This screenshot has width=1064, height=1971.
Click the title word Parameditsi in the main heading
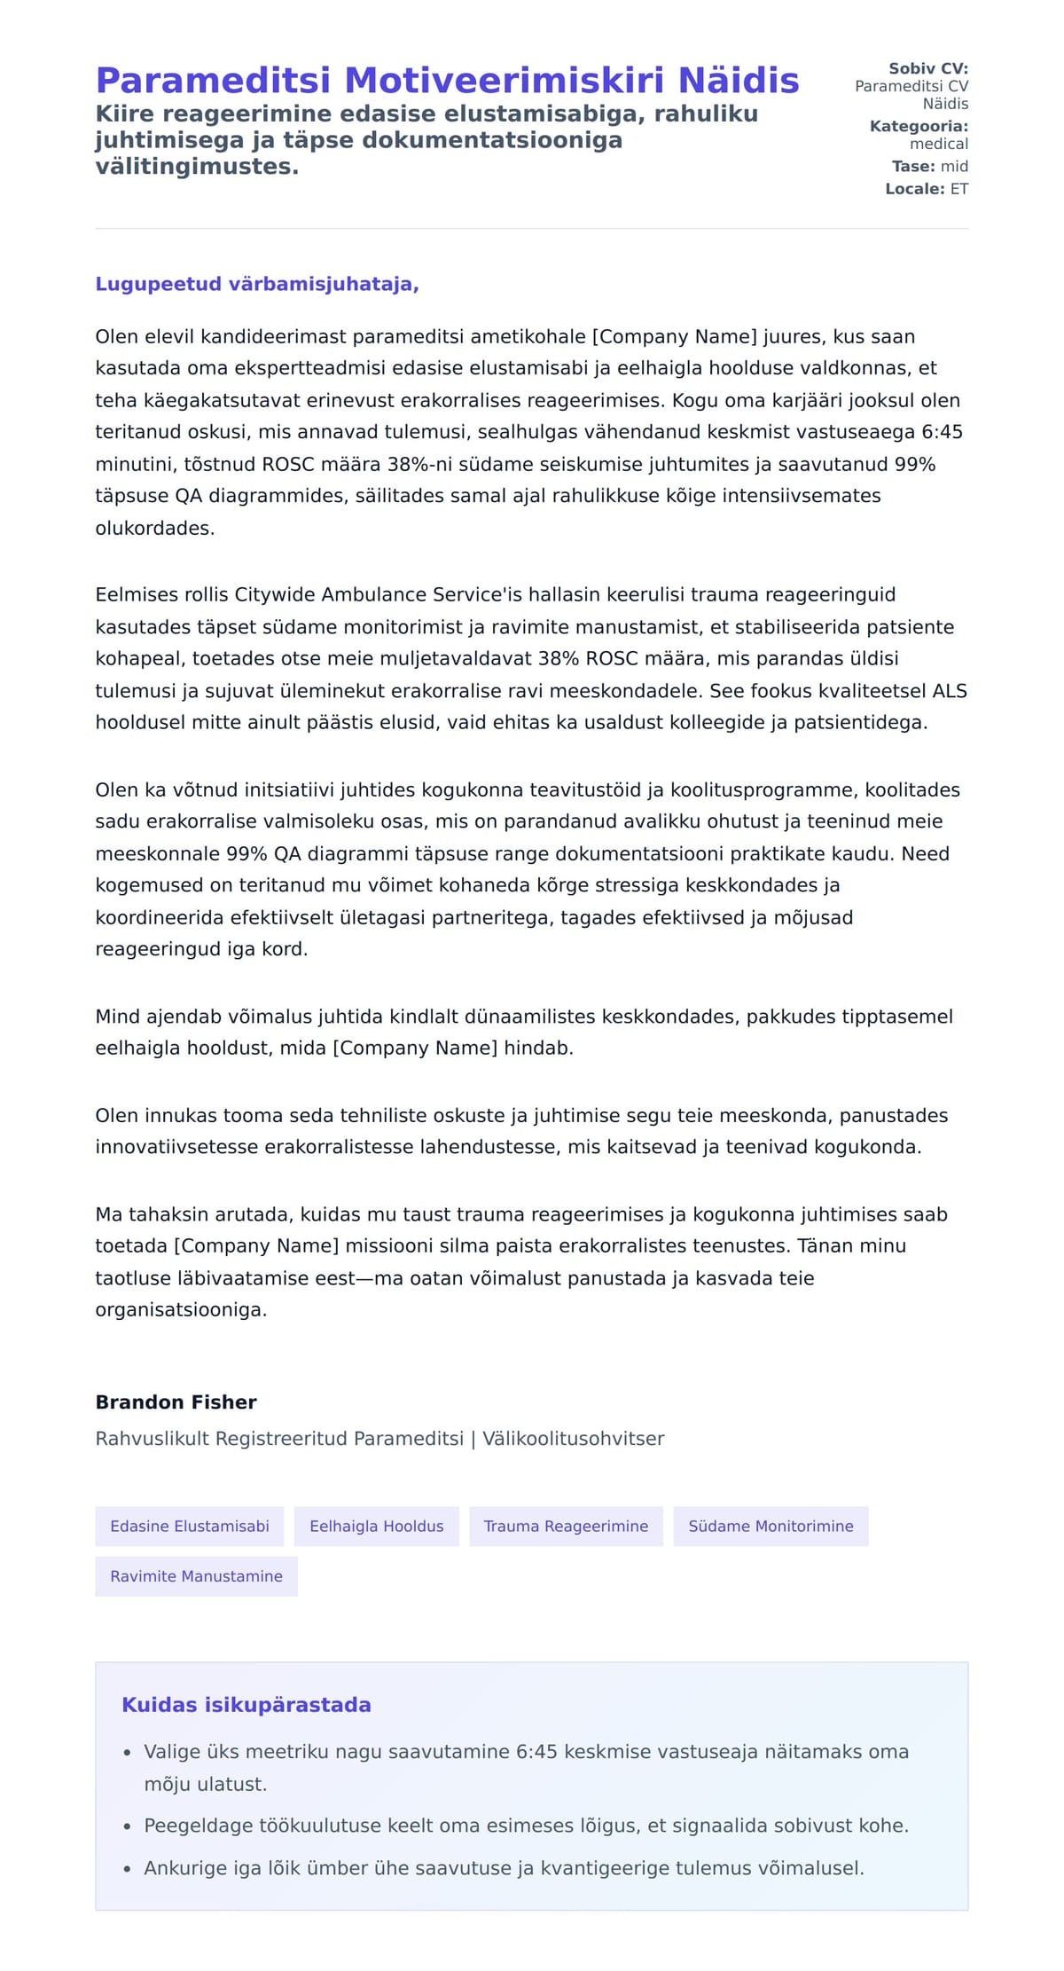pos(213,81)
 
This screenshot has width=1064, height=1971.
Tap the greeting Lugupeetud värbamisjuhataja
pos(256,284)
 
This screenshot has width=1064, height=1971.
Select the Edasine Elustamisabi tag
pos(189,1526)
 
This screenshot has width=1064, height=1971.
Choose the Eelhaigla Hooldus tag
pos(376,1526)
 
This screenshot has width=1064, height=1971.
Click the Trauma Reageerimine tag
pos(566,1526)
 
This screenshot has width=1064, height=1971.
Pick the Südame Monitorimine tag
pos(771,1526)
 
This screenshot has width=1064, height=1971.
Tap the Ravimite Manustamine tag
pos(196,1576)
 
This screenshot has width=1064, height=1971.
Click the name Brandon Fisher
pos(176,1402)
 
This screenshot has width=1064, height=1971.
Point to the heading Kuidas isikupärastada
pos(246,1705)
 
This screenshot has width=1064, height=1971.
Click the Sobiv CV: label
pos(927,68)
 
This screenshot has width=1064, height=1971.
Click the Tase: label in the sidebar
pos(912,166)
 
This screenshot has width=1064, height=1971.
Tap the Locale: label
pos(914,189)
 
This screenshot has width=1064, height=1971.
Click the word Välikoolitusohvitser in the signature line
pos(573,1439)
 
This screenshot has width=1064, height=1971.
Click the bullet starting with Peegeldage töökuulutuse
pos(526,1826)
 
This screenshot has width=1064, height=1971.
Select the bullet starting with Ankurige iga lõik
pos(504,1868)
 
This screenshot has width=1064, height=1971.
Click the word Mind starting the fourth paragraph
pos(117,1017)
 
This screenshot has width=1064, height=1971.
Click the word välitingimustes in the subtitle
pos(197,166)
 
